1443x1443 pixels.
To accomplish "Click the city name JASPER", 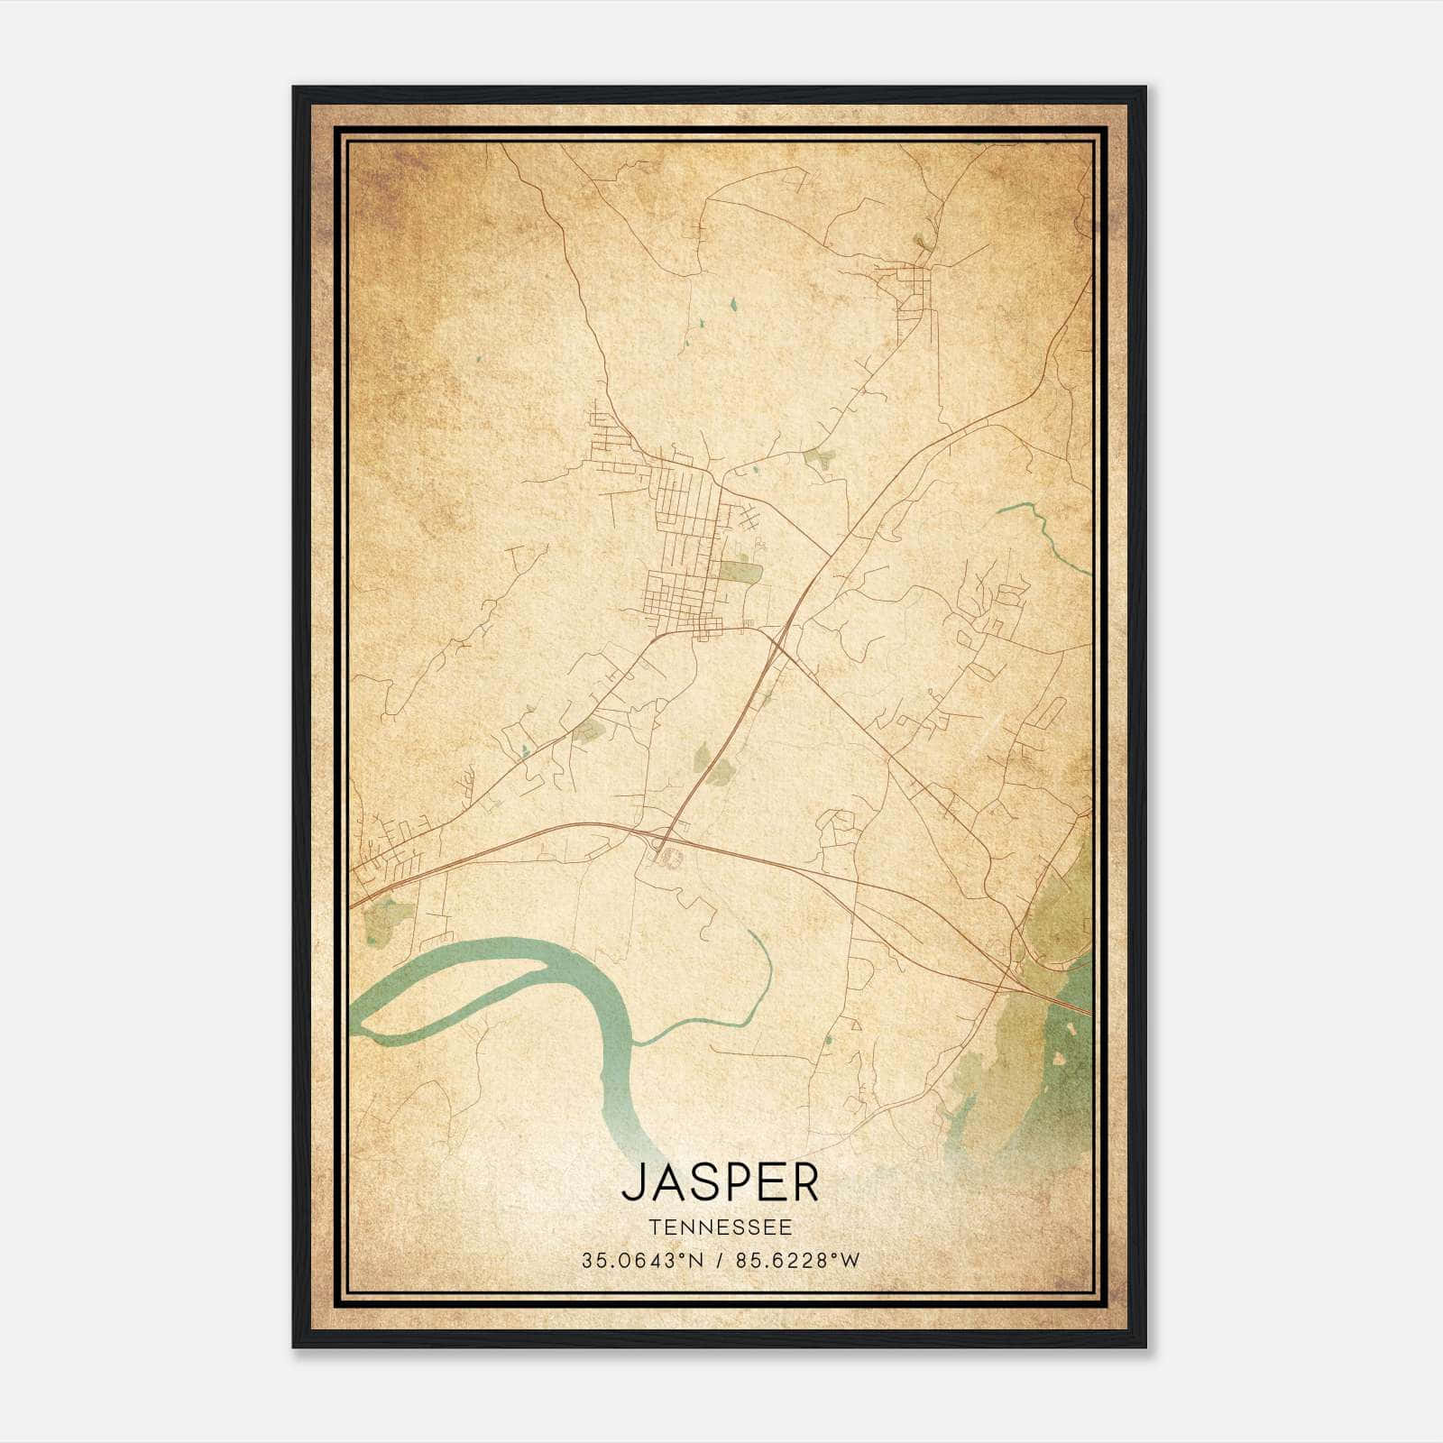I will coord(720,1182).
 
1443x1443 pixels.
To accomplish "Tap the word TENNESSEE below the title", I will coord(720,1227).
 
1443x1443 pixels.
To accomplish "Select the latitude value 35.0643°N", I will coord(641,1261).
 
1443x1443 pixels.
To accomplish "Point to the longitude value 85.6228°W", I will coord(797,1261).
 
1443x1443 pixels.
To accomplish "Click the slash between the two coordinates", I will coord(720,1261).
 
